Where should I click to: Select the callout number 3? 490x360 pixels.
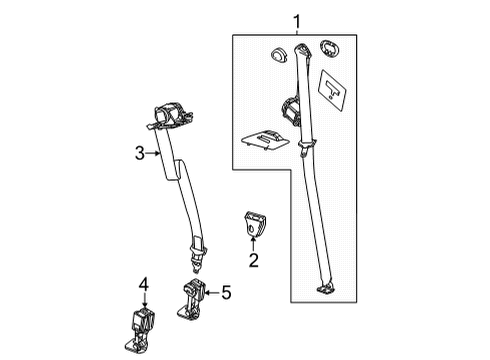141,153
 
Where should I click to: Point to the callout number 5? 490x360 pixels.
225,292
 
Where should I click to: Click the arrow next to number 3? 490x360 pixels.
155,153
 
